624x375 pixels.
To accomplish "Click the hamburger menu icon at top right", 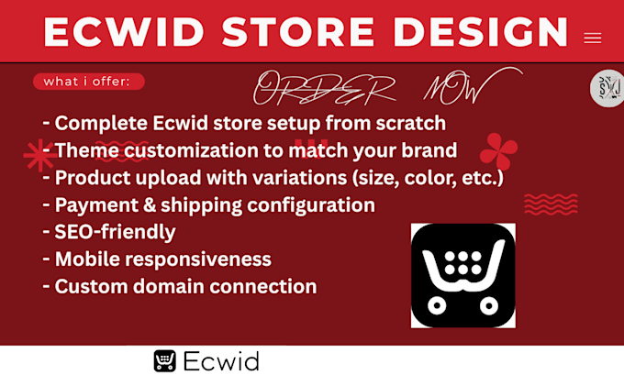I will pyautogui.click(x=592, y=39).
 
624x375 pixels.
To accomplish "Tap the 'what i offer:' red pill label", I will pyautogui.click(x=88, y=82).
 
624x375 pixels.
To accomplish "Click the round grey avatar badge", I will pyautogui.click(x=607, y=89).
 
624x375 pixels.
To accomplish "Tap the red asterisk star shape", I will pyautogui.click(x=39, y=156).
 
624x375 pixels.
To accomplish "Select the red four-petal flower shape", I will pyautogui.click(x=498, y=151).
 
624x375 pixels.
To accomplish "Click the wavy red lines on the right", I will pyautogui.click(x=551, y=204).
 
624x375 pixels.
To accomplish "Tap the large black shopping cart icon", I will pyautogui.click(x=462, y=275).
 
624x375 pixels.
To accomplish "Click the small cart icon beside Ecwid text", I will pyautogui.click(x=164, y=360).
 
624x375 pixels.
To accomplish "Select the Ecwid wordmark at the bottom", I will pyautogui.click(x=220, y=360).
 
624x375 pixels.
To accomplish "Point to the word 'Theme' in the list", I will pyautogui.click(x=85, y=150).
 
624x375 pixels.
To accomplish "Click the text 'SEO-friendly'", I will pyautogui.click(x=115, y=232).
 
